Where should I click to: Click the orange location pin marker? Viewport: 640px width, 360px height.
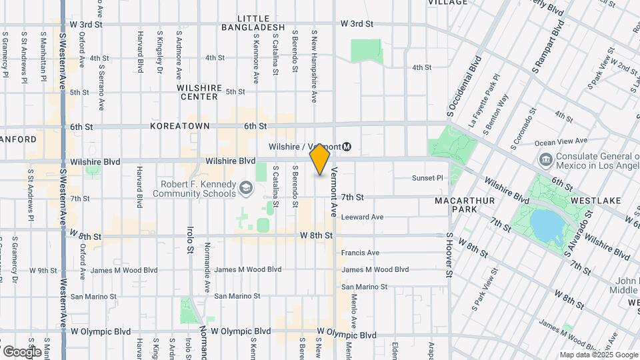click(x=320, y=161)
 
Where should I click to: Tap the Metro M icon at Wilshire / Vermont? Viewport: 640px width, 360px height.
click(x=347, y=147)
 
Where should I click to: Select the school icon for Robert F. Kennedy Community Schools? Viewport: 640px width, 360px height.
click(x=246, y=189)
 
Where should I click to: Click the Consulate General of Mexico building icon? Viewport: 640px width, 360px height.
click(x=545, y=160)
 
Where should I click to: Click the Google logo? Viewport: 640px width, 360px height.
click(x=22, y=351)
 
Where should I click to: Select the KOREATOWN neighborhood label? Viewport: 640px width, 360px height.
click(x=180, y=126)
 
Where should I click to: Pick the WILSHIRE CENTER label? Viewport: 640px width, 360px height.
click(x=199, y=92)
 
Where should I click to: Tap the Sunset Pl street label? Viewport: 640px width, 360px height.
click(x=427, y=178)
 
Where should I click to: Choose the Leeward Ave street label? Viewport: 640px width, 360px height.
click(x=362, y=217)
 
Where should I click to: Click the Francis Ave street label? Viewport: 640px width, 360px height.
click(x=360, y=253)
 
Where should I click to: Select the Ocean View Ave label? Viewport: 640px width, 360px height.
click(x=561, y=141)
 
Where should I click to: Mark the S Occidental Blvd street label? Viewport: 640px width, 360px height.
click(x=464, y=83)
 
